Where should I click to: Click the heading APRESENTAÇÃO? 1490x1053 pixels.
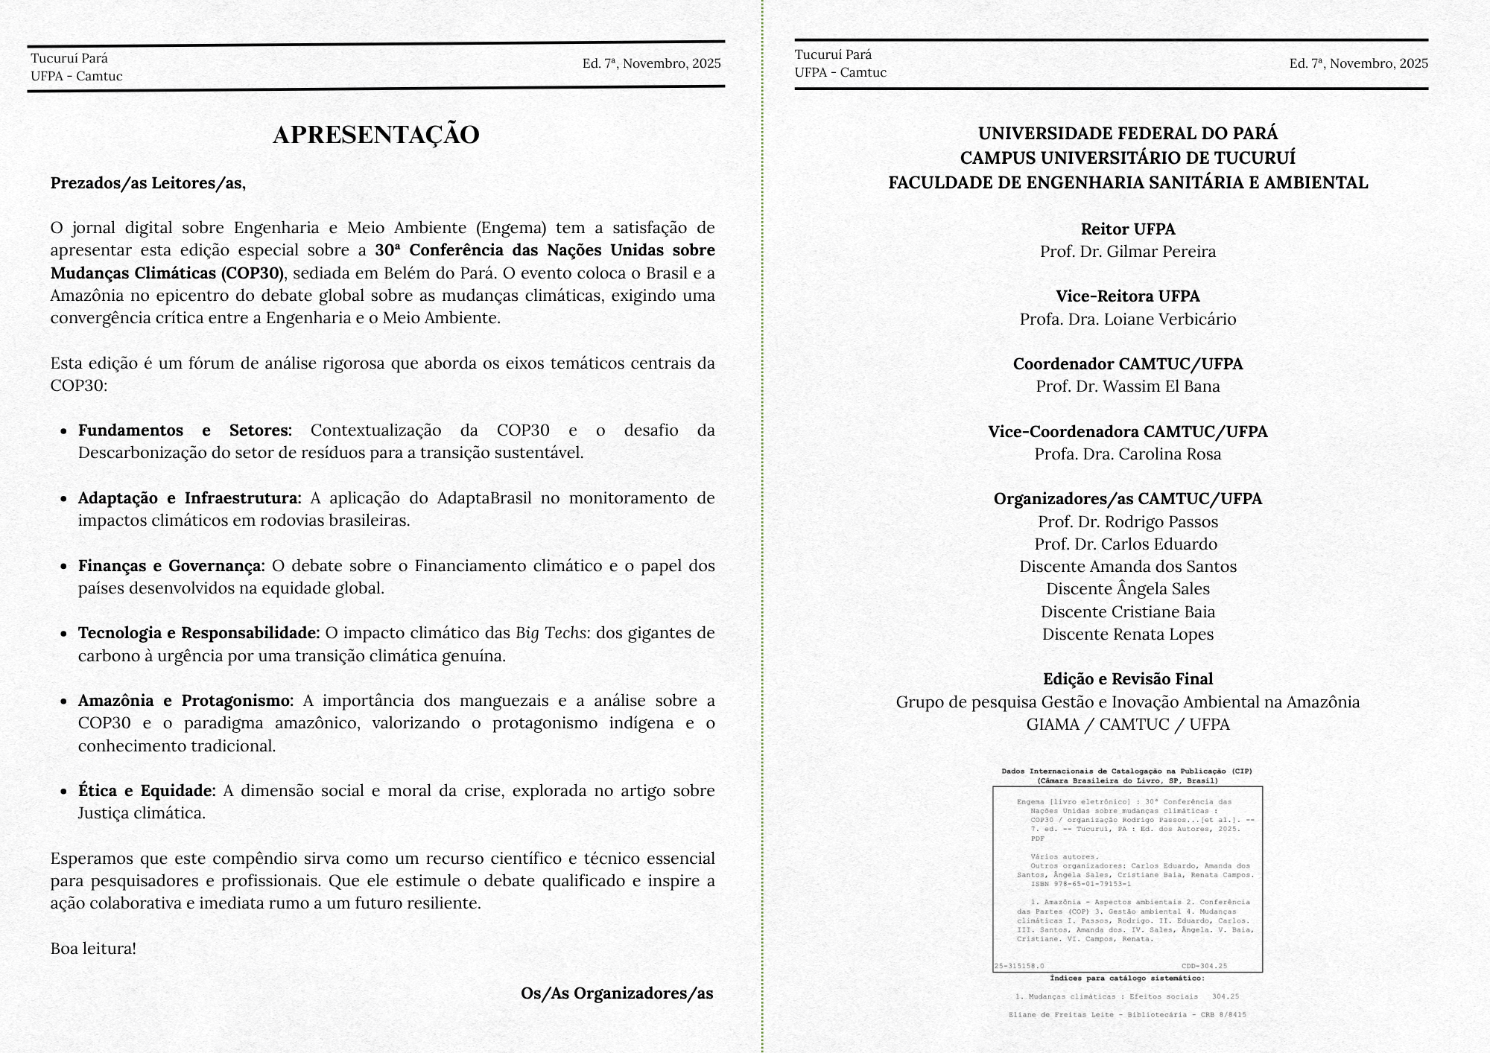coord(375,135)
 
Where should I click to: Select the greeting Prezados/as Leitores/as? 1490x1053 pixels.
coord(148,183)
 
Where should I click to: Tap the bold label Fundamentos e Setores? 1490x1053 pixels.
coord(185,430)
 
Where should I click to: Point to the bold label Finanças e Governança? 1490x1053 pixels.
coord(171,566)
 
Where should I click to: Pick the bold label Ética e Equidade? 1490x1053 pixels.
coord(147,791)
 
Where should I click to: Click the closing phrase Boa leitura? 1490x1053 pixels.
coord(93,949)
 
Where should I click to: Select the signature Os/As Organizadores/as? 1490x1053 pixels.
coord(617,993)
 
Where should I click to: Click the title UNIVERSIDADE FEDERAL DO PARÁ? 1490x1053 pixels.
coord(1128,133)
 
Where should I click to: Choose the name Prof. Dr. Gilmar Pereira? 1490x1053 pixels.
coord(1128,252)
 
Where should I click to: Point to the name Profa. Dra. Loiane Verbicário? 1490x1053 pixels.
coord(1128,319)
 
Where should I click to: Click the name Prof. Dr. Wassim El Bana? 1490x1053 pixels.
coord(1128,386)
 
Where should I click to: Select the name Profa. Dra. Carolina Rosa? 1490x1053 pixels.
coord(1128,454)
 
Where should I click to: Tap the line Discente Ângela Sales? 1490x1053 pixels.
coord(1128,589)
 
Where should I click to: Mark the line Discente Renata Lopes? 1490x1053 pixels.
coord(1128,634)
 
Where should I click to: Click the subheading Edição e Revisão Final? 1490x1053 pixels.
coord(1128,679)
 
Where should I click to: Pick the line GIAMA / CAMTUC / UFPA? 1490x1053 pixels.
coord(1128,725)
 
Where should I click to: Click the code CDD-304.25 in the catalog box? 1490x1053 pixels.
coord(1204,966)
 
